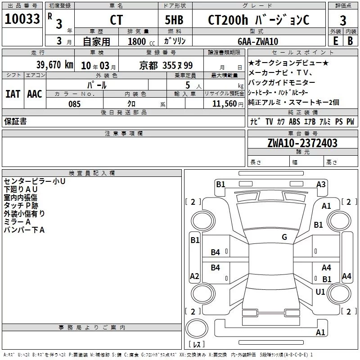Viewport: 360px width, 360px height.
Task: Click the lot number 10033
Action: [x=22, y=19]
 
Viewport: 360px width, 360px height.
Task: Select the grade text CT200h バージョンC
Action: [x=258, y=20]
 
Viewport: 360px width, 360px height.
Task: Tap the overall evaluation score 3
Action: [x=343, y=21]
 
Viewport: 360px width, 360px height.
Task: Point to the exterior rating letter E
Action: [x=336, y=41]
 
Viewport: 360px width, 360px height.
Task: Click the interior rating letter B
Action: [x=350, y=41]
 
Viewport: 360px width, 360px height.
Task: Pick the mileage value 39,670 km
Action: [x=55, y=65]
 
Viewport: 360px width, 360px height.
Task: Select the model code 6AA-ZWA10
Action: [x=258, y=41]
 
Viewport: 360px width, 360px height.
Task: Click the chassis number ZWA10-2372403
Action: [x=302, y=143]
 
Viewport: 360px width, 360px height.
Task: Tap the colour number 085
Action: [x=75, y=104]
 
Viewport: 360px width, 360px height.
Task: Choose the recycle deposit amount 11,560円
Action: [x=228, y=104]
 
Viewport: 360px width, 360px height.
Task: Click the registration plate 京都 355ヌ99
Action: [x=166, y=66]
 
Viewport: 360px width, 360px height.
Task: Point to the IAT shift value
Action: [x=13, y=94]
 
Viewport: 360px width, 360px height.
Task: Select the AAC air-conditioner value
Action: [x=35, y=94]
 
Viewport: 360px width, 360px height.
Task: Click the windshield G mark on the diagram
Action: [x=284, y=237]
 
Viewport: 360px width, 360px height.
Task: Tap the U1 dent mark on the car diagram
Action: [x=320, y=292]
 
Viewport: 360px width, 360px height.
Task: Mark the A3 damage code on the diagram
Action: [x=321, y=184]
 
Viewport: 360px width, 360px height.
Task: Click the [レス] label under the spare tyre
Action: [x=197, y=344]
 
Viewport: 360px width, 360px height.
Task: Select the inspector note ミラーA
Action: [x=17, y=222]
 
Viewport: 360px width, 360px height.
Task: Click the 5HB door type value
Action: [x=174, y=20]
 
